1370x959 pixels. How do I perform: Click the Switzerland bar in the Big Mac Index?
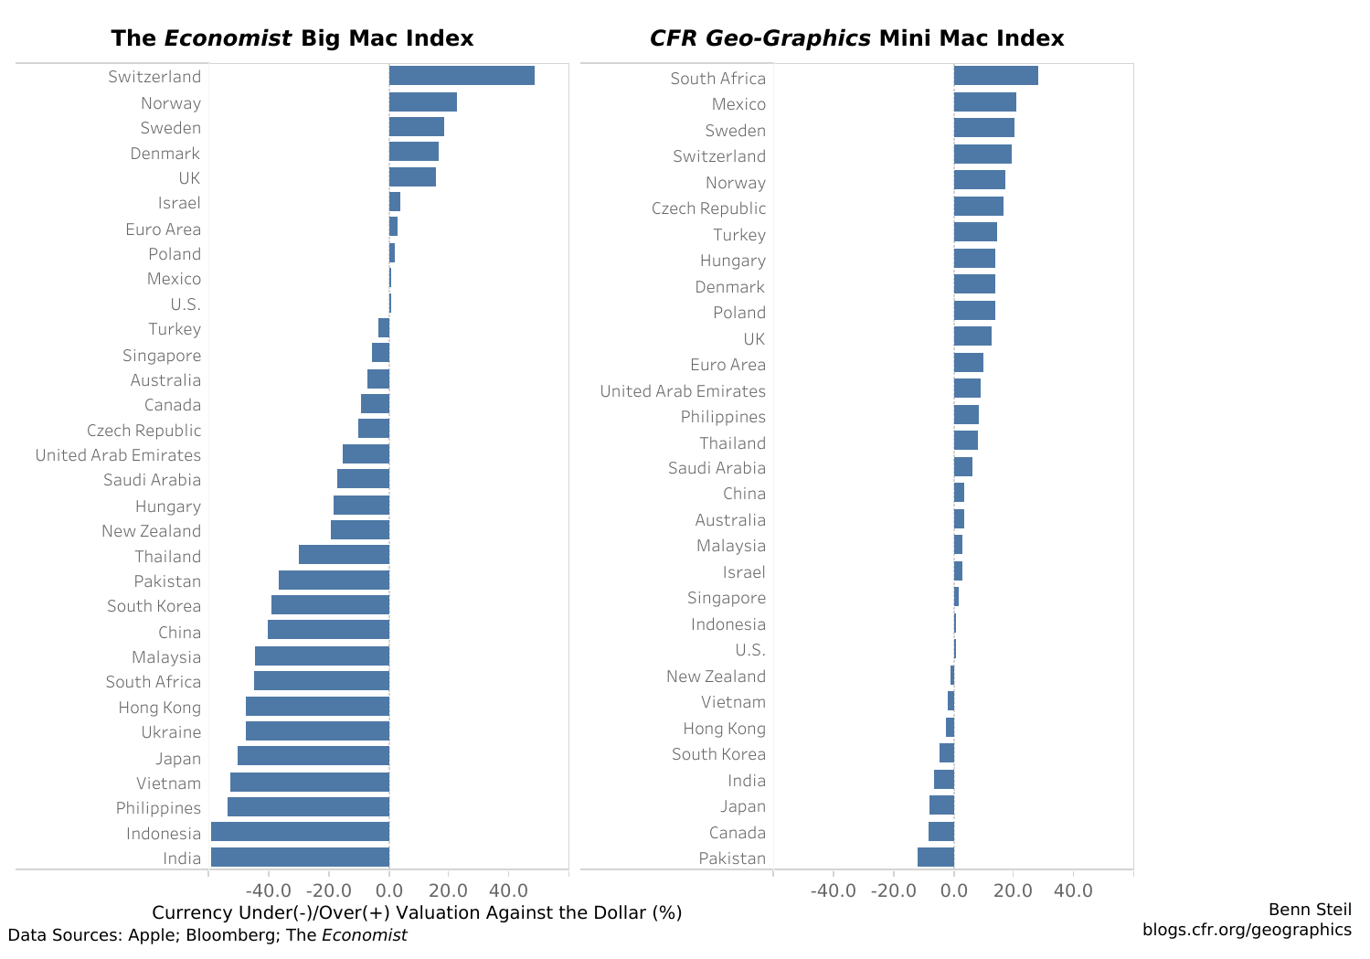[462, 76]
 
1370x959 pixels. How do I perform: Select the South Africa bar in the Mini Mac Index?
[995, 76]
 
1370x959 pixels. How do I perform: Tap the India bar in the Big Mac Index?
[300, 857]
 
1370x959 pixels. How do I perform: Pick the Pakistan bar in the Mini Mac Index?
[936, 857]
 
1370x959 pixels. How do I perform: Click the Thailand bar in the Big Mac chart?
[344, 555]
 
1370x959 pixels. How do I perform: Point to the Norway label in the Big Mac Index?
[170, 103]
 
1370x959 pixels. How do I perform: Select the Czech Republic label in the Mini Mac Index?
[708, 208]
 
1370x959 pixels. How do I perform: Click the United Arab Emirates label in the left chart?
[118, 455]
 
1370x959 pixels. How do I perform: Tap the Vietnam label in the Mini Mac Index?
[733, 702]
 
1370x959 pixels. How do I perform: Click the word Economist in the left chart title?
[228, 38]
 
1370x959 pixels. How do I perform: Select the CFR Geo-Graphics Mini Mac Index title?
[856, 38]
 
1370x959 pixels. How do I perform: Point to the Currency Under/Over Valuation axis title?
[417, 913]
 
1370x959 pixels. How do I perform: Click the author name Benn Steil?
[1310, 910]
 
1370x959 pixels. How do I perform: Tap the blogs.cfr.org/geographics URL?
[1247, 930]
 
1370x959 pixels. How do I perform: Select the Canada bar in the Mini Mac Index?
[941, 831]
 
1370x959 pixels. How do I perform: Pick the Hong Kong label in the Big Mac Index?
[159, 708]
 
